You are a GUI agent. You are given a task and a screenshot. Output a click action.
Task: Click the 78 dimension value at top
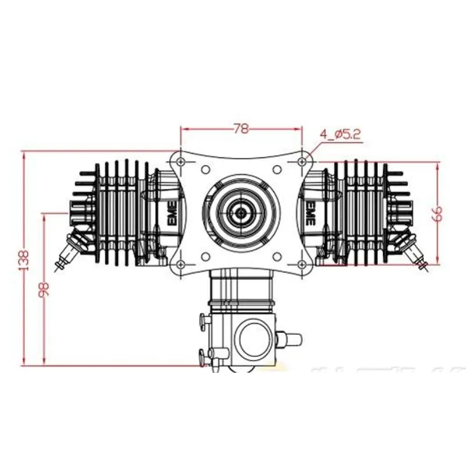tap(240, 129)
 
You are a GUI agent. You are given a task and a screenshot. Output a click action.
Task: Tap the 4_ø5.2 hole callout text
tap(340, 135)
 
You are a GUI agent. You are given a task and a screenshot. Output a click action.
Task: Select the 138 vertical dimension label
tap(24, 260)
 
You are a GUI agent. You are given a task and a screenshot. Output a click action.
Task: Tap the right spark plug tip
tap(425, 266)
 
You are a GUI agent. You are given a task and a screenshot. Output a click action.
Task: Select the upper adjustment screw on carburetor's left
tap(203, 319)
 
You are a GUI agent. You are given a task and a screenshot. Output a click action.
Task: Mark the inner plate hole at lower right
tap(277, 255)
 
